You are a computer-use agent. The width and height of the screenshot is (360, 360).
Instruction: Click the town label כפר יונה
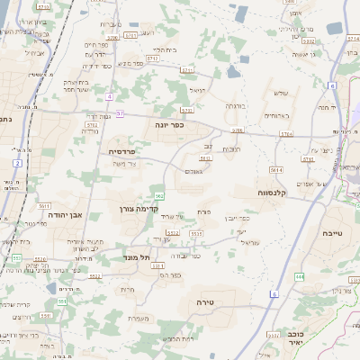point(168,125)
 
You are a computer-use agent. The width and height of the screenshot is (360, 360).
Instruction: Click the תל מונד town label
point(138,257)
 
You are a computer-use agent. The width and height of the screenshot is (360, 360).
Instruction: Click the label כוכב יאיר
point(290,337)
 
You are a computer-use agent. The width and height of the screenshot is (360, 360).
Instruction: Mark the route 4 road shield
point(109,95)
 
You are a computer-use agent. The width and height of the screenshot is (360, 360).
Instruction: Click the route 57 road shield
point(121,114)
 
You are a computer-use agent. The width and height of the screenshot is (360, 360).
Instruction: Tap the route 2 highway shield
point(17,162)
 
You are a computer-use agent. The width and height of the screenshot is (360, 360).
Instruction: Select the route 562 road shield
point(158,195)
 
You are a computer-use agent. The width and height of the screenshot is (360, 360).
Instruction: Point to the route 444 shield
point(299,276)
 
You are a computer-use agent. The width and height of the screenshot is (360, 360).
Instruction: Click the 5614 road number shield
point(275,169)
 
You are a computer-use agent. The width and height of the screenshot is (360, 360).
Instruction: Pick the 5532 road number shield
point(170,233)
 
